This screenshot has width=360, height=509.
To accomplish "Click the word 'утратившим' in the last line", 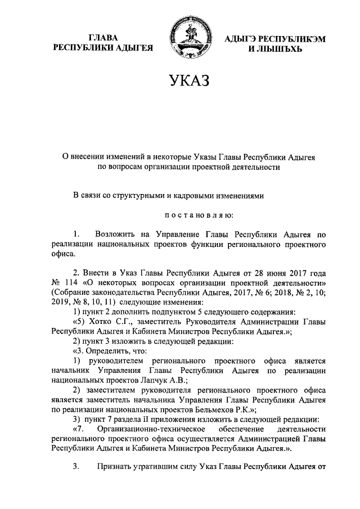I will (x=161, y=466).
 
